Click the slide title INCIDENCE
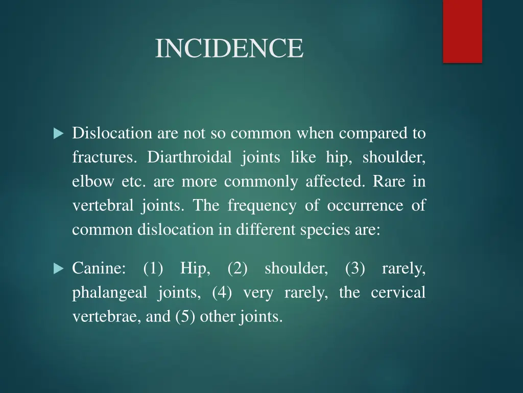tap(229, 49)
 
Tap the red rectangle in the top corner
tap(462, 31)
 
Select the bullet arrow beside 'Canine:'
tap(58, 268)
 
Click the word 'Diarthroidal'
tap(189, 158)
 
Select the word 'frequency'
tap(261, 206)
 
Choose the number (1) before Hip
tap(153, 268)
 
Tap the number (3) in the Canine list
tap(355, 268)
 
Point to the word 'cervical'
tap(398, 293)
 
